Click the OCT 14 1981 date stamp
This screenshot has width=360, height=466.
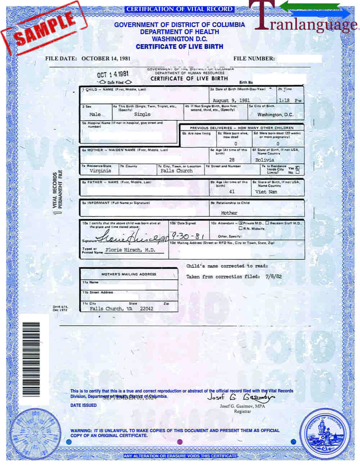point(113,74)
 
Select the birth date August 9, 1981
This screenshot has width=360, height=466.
point(231,100)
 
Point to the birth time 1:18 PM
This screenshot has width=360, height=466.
point(289,100)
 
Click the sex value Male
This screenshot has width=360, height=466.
point(95,114)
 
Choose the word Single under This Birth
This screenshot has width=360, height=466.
point(142,114)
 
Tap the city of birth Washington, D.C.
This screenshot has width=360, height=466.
point(275,115)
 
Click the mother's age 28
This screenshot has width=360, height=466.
point(231,160)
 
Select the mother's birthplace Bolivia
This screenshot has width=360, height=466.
point(265,160)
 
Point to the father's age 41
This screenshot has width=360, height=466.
point(231,192)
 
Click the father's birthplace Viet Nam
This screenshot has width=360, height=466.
point(266,192)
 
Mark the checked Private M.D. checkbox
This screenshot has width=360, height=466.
point(241,223)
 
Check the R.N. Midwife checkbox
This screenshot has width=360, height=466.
point(240,228)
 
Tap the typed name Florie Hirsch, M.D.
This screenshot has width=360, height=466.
point(130,250)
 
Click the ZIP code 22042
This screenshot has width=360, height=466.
point(147,309)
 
